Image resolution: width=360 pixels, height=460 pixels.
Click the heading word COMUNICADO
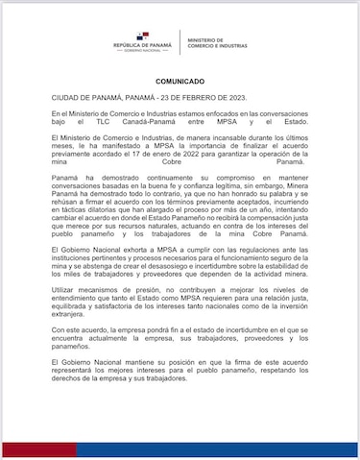point(180,83)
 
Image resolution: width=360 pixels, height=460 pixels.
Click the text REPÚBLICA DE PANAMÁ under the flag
point(144,46)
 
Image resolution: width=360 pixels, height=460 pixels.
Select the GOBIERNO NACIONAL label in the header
point(144,52)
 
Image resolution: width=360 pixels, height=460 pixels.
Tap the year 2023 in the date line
point(214,99)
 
